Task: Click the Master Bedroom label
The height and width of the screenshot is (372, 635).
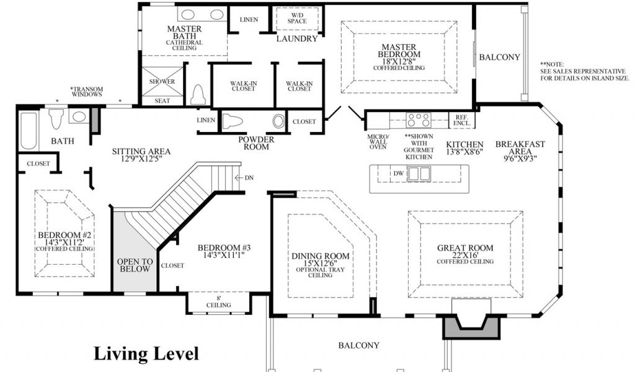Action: click(399, 51)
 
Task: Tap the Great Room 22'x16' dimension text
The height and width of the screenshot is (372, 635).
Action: click(465, 255)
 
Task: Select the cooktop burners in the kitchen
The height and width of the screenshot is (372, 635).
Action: click(419, 120)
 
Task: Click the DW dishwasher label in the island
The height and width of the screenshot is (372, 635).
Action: click(399, 174)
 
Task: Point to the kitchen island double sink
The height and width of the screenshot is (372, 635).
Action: click(419, 174)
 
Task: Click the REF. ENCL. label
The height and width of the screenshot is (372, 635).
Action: click(461, 120)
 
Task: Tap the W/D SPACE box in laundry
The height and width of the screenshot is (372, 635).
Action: click(297, 18)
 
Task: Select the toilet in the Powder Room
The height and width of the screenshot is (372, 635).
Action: click(233, 121)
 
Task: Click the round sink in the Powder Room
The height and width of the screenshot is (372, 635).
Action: click(278, 121)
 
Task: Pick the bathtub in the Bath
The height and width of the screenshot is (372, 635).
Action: click(29, 131)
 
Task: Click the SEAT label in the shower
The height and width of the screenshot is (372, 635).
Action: click(162, 101)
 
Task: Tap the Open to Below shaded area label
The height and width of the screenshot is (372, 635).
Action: click(135, 265)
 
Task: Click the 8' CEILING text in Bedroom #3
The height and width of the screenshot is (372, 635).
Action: click(219, 302)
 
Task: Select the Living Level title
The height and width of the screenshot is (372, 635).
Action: click(146, 353)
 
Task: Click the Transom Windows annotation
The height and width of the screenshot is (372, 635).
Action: click(87, 92)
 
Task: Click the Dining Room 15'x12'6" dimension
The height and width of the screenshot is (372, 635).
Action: click(320, 263)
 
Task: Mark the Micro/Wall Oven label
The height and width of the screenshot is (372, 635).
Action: click(378, 142)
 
